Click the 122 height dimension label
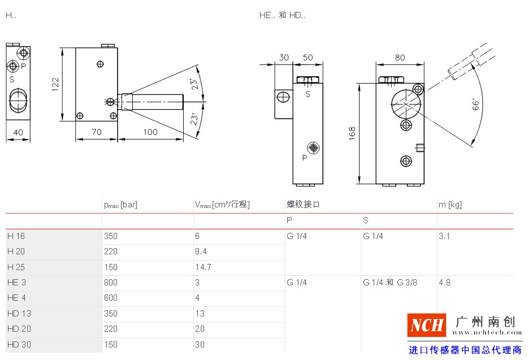point(55,85)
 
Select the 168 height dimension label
point(352,133)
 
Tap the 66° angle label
point(475,105)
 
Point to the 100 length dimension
point(150,132)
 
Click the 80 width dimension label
point(400,58)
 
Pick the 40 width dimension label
point(18,132)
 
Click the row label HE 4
point(16,298)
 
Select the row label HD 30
point(19,345)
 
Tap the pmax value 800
point(111,282)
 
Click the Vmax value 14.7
point(204,267)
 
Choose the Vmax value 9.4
point(201,251)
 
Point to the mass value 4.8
point(444,282)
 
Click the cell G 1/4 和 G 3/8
point(390,282)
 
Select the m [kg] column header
point(450,205)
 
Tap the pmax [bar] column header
point(120,205)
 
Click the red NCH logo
point(427,325)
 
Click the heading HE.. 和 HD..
point(282,15)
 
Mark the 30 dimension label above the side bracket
point(284,58)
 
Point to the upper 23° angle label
point(194,84)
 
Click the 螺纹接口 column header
point(303,205)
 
